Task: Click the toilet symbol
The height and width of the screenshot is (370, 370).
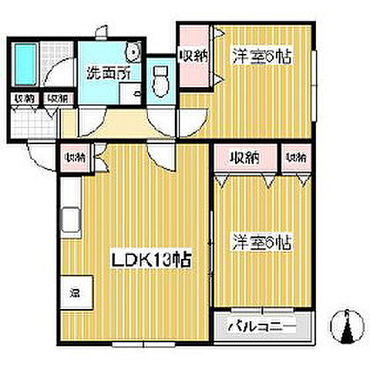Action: (161, 80)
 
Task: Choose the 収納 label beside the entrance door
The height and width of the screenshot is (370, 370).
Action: (75, 157)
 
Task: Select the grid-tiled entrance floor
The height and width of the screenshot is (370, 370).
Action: (35, 123)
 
